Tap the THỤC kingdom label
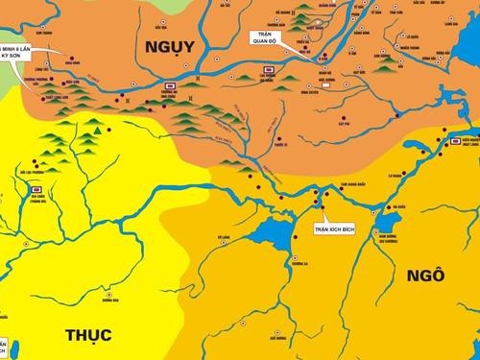point(88,334)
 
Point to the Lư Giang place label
point(394,176)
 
